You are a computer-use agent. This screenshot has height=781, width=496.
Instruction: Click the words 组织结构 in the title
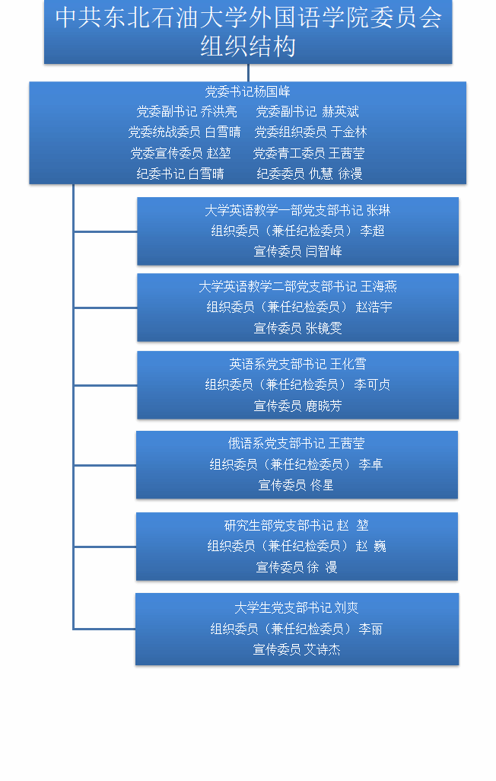[248, 46]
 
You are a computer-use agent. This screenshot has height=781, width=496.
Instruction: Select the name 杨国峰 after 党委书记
[272, 92]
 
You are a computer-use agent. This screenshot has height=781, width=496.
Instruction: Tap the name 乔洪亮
[219, 112]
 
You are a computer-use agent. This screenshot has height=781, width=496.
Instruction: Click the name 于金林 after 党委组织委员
[349, 132]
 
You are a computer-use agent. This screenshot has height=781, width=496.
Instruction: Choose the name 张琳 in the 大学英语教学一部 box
[378, 210]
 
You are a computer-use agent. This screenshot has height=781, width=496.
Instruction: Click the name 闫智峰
[324, 251]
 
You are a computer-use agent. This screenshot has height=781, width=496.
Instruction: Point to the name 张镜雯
[324, 328]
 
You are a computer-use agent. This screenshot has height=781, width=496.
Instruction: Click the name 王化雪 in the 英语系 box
[348, 365]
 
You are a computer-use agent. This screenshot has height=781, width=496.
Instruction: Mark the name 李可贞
[372, 385]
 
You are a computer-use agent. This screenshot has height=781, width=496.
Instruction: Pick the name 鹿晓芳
[324, 406]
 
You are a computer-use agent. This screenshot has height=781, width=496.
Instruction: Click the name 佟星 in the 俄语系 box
[322, 485]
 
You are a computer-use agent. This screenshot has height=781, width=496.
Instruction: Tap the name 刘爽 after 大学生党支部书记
[347, 608]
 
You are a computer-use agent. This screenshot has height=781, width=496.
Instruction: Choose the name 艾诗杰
[323, 649]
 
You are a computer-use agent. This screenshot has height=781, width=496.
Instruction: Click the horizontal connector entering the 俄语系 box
[105, 465]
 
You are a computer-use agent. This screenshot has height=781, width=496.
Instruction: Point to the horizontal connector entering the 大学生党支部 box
[105, 629]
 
